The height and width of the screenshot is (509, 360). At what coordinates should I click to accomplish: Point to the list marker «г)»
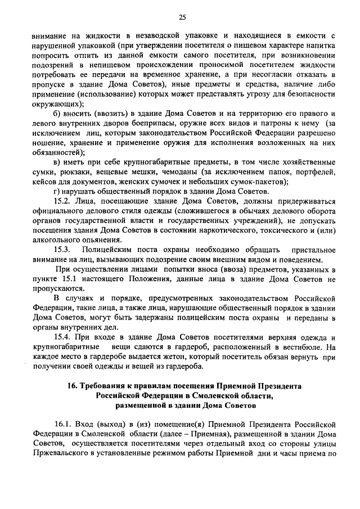click(57, 191)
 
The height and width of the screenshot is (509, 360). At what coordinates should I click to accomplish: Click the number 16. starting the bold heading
click(73, 386)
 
